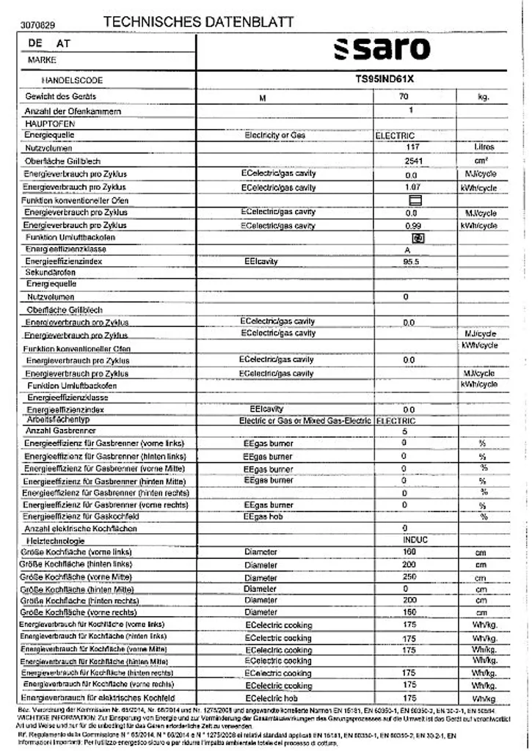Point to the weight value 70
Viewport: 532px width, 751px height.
click(x=404, y=97)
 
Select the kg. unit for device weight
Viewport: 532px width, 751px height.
click(x=482, y=97)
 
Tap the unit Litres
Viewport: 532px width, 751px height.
click(x=484, y=147)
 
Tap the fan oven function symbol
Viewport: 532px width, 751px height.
click(x=418, y=238)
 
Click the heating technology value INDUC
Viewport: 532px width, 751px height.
click(x=415, y=540)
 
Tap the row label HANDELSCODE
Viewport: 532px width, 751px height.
click(x=72, y=80)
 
